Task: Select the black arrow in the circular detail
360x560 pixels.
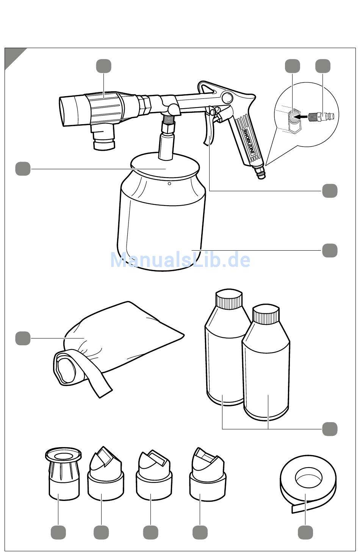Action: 303,116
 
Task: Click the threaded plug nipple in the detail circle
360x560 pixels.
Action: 321,116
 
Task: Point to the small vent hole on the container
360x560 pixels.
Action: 169,184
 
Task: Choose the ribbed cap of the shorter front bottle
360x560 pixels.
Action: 266,314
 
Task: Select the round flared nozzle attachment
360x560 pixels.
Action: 64,474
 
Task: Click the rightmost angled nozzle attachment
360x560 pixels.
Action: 207,474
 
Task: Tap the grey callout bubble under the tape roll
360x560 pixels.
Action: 305,532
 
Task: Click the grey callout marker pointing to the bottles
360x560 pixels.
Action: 329,429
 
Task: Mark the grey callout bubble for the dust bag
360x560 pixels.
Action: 23,338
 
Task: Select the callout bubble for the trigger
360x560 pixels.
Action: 329,191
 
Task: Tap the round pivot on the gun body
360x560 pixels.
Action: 227,97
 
